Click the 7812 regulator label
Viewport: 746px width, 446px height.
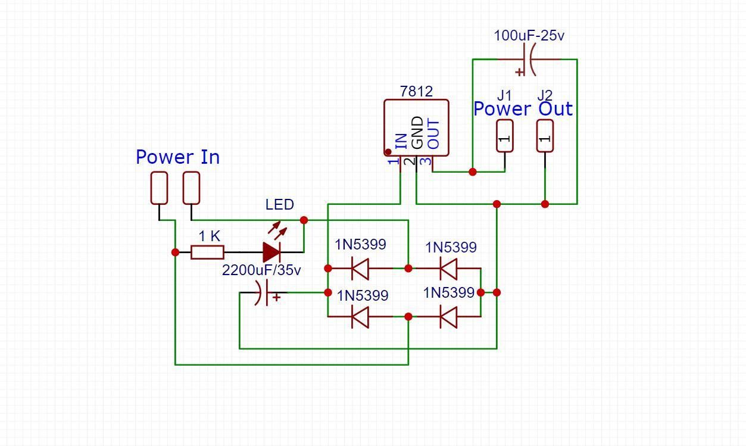point(416,91)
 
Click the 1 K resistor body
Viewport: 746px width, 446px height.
point(207,252)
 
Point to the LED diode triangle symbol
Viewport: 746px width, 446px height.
point(271,252)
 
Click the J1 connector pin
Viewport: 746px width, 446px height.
point(504,136)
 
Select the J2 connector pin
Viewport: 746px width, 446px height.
point(545,136)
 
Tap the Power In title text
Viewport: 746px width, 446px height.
point(177,157)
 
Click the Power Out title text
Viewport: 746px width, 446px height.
point(523,109)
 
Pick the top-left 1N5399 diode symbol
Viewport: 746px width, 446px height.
point(360,269)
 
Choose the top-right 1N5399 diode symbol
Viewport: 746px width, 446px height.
point(448,269)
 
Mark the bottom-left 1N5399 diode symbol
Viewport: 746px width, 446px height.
point(360,317)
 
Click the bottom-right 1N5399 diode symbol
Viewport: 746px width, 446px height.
point(448,317)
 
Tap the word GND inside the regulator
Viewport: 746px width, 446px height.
point(417,133)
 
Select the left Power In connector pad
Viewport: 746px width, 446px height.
point(159,188)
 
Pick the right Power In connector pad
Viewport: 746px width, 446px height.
point(191,188)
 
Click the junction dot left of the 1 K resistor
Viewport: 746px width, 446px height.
point(175,252)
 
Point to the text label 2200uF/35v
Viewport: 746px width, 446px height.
point(261,270)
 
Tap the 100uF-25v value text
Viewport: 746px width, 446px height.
point(529,36)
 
